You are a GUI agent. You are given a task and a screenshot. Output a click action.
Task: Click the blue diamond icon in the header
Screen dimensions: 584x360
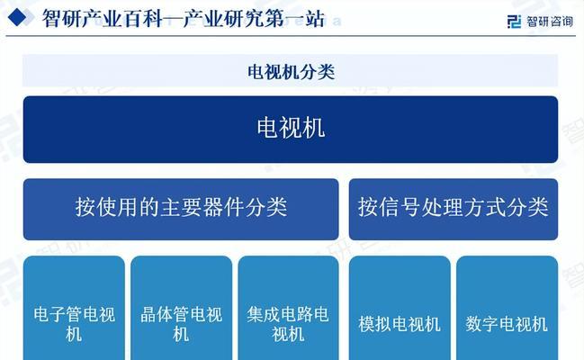(17, 17)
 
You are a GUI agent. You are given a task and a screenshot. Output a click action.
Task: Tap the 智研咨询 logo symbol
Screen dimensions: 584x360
(514, 22)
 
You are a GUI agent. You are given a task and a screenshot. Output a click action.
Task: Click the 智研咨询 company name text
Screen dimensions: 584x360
(550, 22)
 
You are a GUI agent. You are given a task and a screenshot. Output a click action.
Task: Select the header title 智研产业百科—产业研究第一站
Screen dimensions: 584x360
(184, 18)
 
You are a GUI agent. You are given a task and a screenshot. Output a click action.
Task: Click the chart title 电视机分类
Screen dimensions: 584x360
(291, 72)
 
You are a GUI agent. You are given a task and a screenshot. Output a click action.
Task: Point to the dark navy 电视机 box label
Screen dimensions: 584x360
(291, 128)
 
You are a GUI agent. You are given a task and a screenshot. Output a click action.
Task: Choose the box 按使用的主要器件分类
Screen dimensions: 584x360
(181, 209)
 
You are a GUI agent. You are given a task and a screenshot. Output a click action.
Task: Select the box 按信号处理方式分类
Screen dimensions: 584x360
(454, 209)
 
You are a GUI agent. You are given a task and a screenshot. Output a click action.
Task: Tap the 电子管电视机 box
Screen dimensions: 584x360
(74, 308)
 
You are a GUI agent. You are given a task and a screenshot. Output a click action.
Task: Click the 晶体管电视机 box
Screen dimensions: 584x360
(182, 308)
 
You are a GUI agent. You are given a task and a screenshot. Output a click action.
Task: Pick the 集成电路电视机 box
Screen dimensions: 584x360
(288, 308)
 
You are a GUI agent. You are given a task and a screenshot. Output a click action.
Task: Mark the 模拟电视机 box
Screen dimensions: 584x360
(400, 308)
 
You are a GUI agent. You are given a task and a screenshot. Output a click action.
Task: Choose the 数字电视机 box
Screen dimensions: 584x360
(507, 308)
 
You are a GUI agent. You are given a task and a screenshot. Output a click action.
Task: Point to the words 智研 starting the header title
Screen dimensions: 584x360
(60, 18)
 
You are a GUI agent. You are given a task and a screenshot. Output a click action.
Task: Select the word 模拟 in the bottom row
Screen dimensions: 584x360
(375, 324)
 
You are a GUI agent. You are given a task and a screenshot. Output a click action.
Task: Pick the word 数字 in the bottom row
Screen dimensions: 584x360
(482, 324)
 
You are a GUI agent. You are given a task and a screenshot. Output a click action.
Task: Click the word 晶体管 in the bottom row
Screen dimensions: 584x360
(165, 314)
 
